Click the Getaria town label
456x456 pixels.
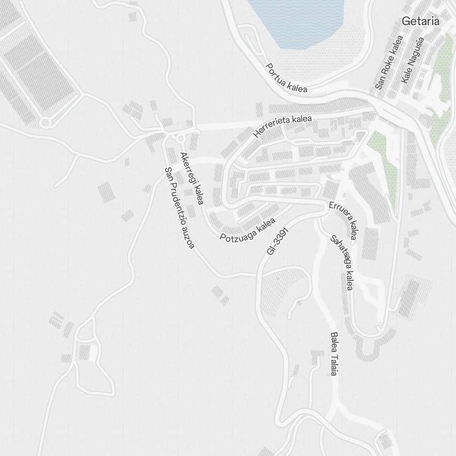click(x=420, y=21)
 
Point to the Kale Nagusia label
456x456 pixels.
click(x=413, y=60)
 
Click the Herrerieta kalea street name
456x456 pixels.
click(x=283, y=126)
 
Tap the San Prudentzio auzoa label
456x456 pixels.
click(x=179, y=207)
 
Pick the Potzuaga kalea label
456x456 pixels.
click(x=248, y=230)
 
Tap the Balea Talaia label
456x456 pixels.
click(x=334, y=353)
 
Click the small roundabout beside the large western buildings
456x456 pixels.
click(x=45, y=123)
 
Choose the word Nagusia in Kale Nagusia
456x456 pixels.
click(x=415, y=54)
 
